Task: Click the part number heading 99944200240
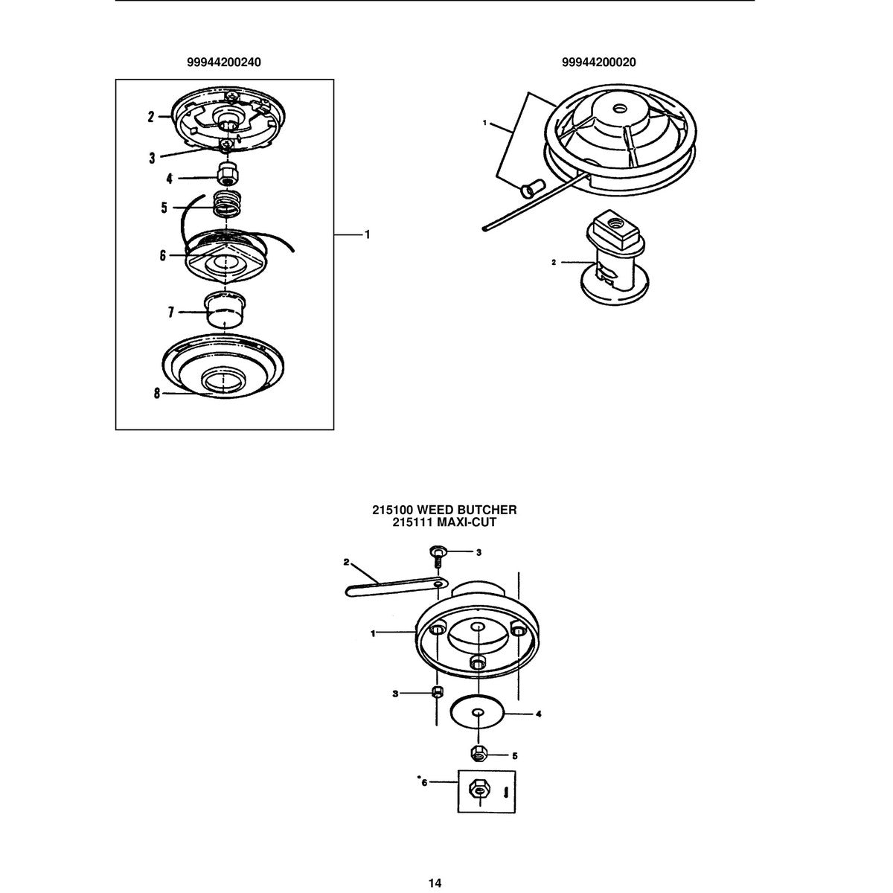click(223, 62)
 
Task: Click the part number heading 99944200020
click(599, 62)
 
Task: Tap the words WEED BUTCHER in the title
click(467, 510)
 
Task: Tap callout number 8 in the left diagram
click(157, 394)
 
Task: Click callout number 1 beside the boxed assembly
click(368, 235)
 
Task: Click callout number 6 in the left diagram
click(163, 255)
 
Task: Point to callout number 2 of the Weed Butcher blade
click(346, 562)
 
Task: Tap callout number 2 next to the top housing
click(151, 117)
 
